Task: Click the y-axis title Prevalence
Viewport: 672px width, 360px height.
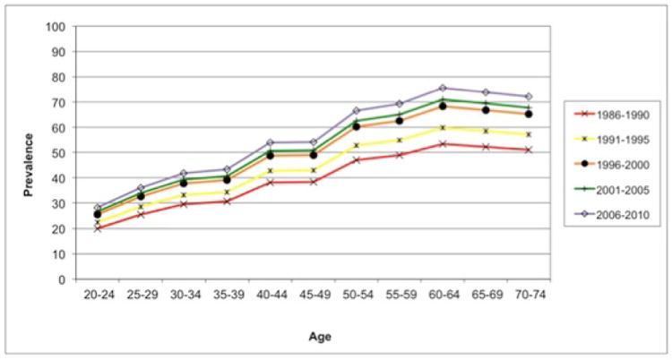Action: [x=30, y=153]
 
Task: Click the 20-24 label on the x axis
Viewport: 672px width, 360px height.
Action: [x=97, y=294]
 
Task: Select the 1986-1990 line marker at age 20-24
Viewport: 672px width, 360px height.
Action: [x=97, y=228]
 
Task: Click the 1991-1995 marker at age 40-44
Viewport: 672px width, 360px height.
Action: [x=270, y=171]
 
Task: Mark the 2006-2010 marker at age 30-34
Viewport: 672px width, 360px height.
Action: [x=183, y=174]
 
